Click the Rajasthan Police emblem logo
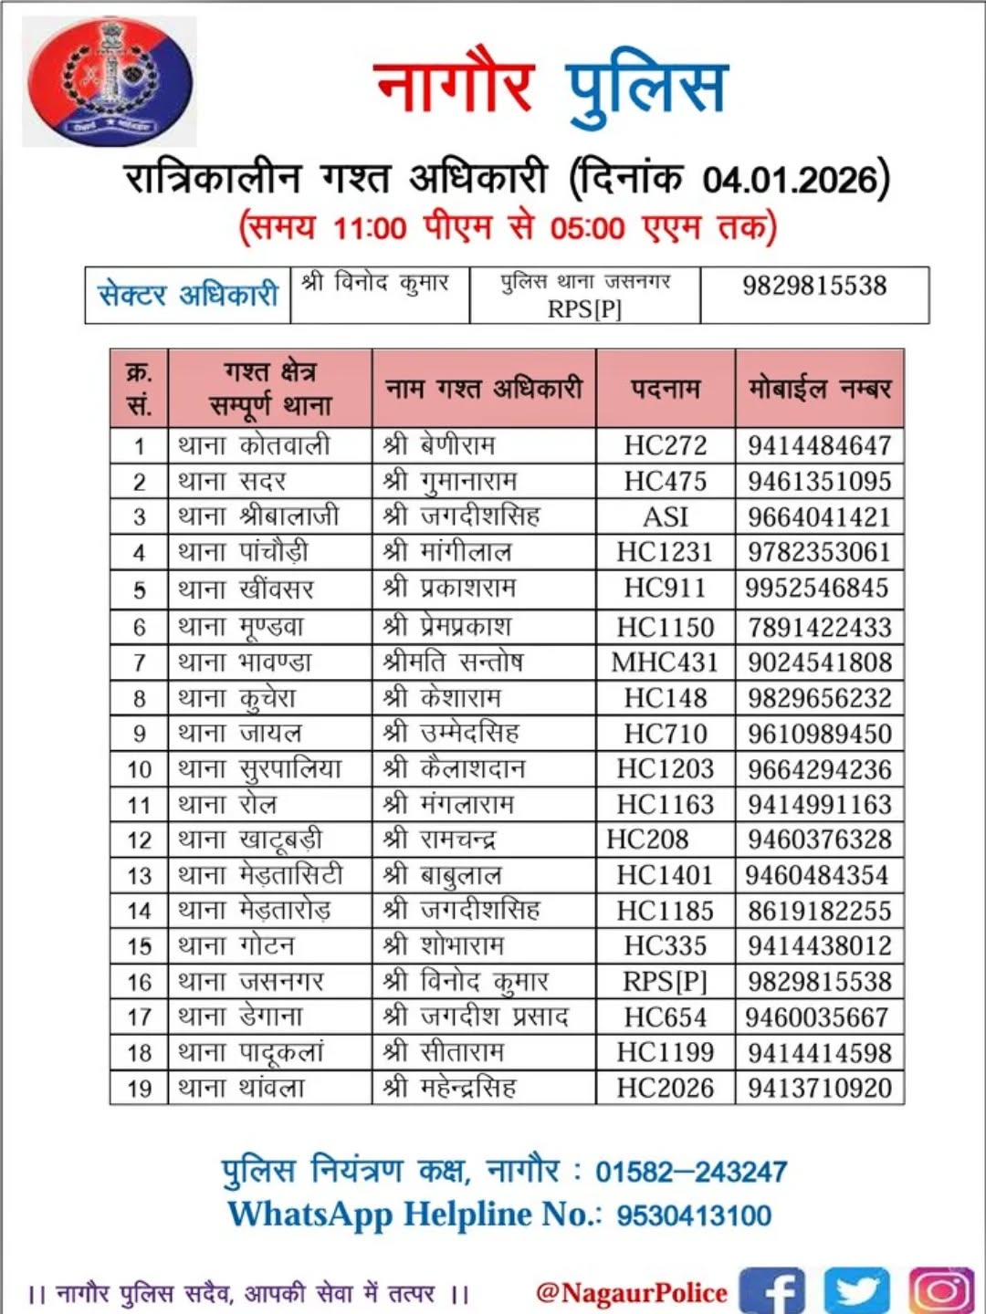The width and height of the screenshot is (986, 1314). pos(110,82)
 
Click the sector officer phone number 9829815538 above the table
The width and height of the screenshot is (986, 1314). pos(813,286)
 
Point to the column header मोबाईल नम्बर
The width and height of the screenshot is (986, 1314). pos(819,389)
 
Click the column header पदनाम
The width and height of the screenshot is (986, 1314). pos(666,389)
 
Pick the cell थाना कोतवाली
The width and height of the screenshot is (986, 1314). pos(254,445)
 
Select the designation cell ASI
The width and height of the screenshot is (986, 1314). pos(666,516)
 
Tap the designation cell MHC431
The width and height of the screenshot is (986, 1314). pos(665,662)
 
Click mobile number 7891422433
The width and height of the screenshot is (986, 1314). pos(819,627)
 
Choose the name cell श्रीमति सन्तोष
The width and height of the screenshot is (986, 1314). pos(453,662)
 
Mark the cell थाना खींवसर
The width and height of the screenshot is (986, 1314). pos(246,589)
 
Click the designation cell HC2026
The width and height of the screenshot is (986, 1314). pos(665,1088)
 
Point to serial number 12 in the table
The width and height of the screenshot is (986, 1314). pos(139,840)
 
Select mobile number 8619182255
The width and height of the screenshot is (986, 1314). pos(819,911)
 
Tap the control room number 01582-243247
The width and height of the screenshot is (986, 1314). pos(691,1172)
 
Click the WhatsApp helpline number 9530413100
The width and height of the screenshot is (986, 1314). pos(694,1215)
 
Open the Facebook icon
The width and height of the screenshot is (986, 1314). pos(771,1290)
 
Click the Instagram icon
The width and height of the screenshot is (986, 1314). pos(940,1290)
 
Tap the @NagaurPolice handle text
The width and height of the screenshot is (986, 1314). pos(632,1292)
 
